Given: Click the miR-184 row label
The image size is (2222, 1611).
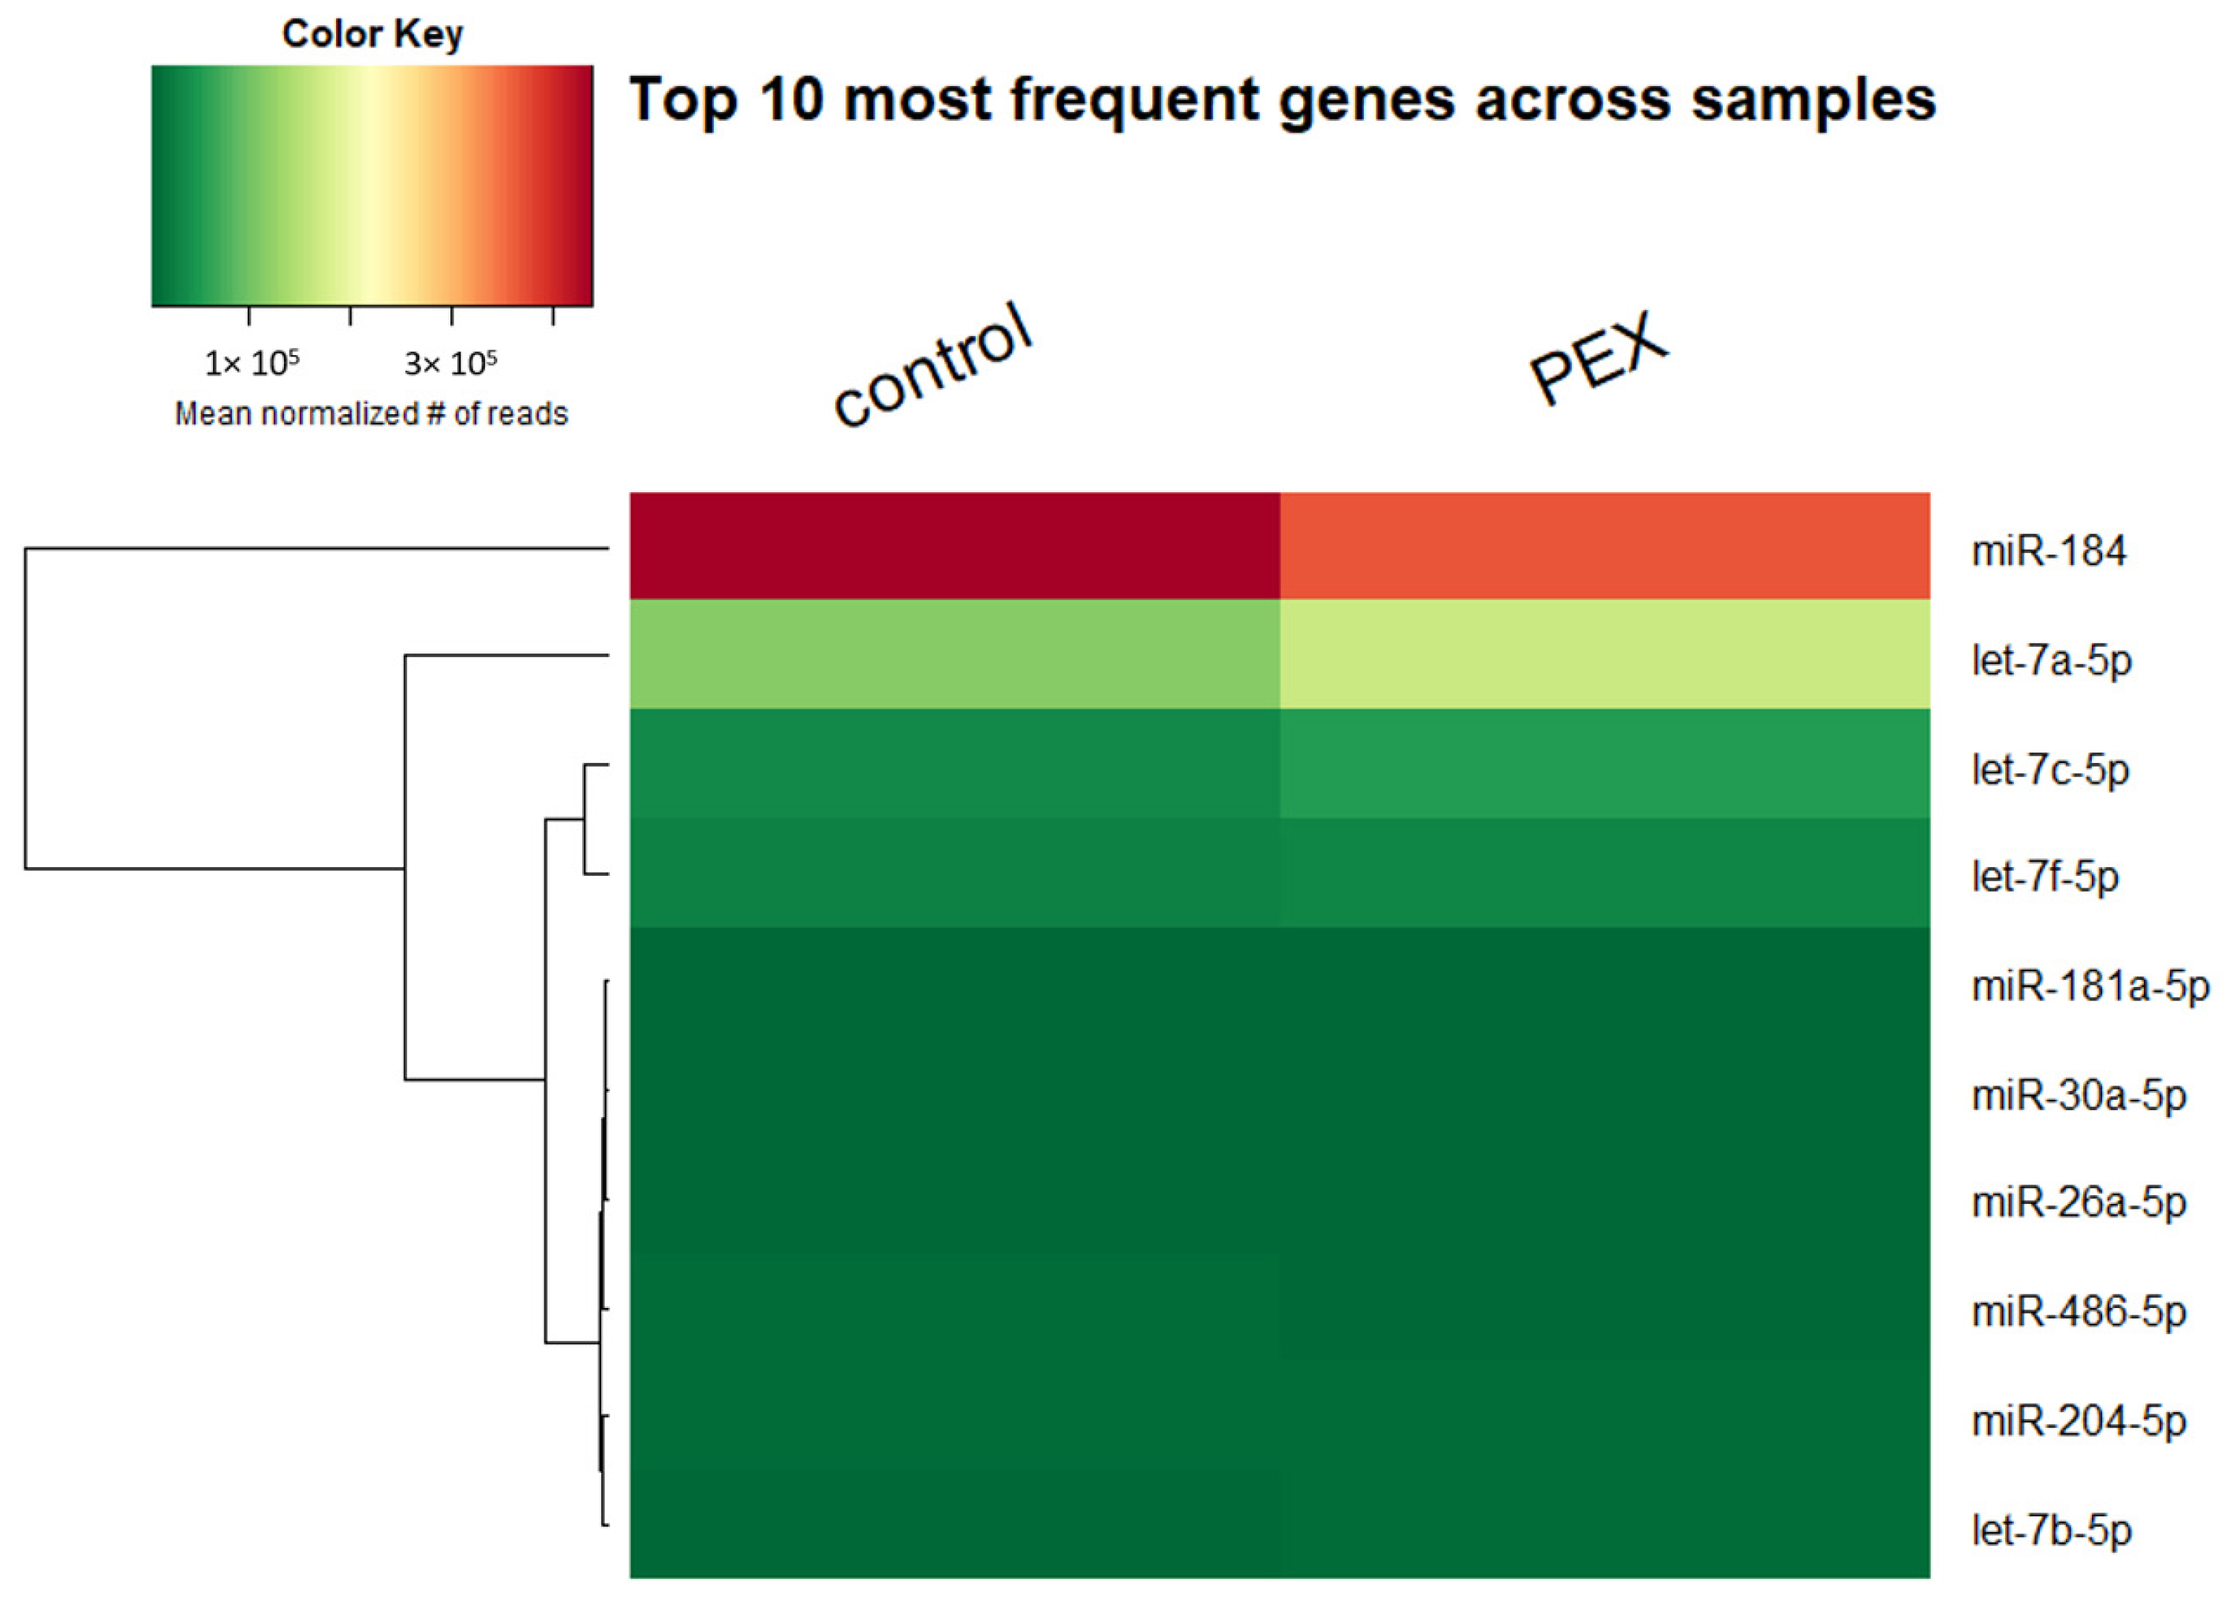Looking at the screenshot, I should [x=2048, y=551].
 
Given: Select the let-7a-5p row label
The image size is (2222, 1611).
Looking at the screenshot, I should [x=2052, y=660].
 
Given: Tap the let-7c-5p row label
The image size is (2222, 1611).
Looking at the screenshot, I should [x=2051, y=769].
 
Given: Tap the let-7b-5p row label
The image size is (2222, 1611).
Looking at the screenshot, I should [x=2052, y=1530].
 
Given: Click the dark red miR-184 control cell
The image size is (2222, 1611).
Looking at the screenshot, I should [x=954, y=545].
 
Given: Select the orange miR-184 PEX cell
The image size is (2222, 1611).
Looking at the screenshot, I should [x=1604, y=545].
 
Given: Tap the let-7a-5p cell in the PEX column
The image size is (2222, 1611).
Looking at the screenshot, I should [x=1604, y=653].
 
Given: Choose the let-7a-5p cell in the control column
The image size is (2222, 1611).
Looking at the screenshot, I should [x=954, y=653].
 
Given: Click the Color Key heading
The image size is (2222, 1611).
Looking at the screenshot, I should [x=372, y=34].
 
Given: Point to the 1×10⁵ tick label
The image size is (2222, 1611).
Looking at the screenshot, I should [x=251, y=364].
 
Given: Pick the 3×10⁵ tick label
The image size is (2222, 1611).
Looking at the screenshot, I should [x=450, y=364].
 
